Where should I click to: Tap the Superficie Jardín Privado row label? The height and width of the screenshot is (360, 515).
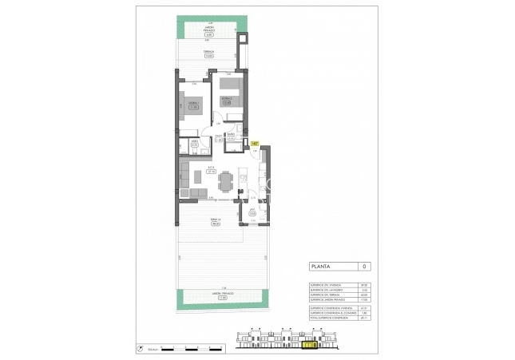(325, 299)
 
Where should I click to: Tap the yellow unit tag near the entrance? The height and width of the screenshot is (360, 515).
(255, 144)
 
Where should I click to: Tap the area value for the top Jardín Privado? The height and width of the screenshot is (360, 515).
(208, 35)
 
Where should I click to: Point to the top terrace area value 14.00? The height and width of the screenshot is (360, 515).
(208, 56)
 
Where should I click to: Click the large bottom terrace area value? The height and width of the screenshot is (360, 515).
(215, 224)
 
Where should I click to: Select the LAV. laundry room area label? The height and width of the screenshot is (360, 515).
(252, 213)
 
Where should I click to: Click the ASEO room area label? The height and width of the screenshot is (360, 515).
(194, 144)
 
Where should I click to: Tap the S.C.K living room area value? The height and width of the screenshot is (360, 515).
(212, 171)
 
